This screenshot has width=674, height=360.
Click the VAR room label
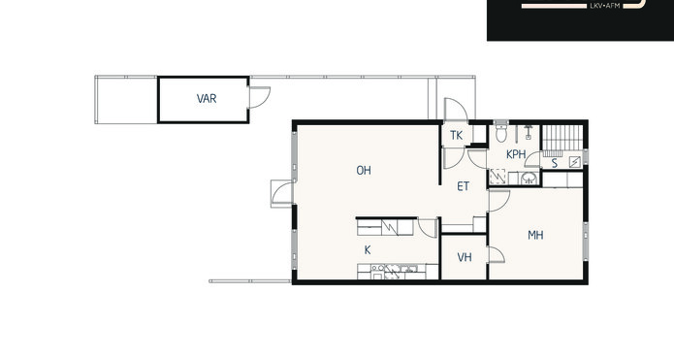(x=207, y=99)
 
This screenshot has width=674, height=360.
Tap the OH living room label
(x=364, y=171)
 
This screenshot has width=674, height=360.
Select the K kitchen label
(x=368, y=250)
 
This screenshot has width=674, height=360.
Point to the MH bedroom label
(x=535, y=235)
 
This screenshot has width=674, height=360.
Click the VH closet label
(x=465, y=257)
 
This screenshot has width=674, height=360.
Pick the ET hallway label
(x=463, y=186)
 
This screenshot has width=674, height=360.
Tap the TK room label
(x=456, y=136)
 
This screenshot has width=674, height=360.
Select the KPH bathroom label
(x=516, y=154)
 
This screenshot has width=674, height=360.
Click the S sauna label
(x=555, y=163)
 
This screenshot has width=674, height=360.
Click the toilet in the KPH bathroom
(x=501, y=132)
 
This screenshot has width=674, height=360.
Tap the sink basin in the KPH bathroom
(x=529, y=178)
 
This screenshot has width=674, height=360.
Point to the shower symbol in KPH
(x=529, y=132)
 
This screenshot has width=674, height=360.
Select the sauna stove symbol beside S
(x=575, y=162)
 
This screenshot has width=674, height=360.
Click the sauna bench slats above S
(x=562, y=138)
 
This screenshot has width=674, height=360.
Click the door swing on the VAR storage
(x=260, y=97)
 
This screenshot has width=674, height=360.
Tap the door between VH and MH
(x=497, y=254)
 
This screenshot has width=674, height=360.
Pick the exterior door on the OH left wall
(x=282, y=193)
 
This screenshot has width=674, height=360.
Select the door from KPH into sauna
(x=533, y=159)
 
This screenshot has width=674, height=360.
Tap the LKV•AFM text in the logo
(x=602, y=6)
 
